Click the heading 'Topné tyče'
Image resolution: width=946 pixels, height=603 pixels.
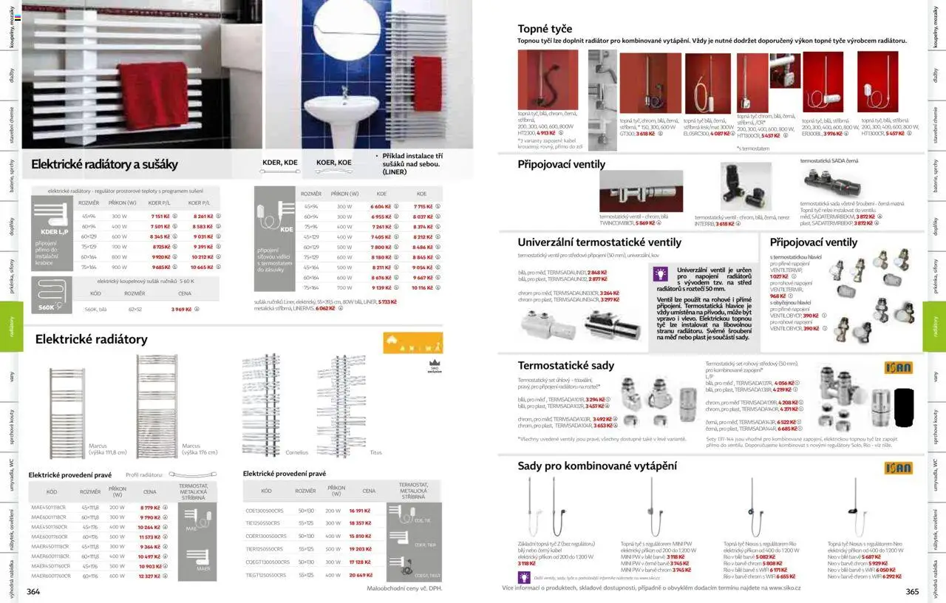[x=545, y=29]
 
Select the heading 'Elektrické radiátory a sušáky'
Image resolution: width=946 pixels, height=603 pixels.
[x=104, y=164]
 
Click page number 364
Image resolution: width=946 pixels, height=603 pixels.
[x=33, y=591]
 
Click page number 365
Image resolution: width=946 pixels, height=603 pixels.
[x=912, y=591]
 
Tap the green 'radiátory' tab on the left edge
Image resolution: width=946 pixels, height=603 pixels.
[x=12, y=326]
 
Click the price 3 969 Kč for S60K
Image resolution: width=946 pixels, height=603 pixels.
[x=181, y=310]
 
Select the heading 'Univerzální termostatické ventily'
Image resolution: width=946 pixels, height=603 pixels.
[x=599, y=242]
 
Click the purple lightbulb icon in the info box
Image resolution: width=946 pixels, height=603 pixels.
[x=660, y=274]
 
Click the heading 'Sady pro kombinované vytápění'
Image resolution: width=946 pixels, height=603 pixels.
[x=597, y=466]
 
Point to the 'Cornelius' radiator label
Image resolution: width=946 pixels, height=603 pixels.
[x=296, y=452]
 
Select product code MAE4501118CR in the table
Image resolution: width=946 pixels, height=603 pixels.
[x=49, y=508]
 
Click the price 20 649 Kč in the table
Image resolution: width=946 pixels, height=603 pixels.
[x=360, y=575]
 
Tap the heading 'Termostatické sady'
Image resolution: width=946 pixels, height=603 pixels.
[x=565, y=366]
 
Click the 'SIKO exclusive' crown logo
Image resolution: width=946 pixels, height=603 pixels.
[x=434, y=365]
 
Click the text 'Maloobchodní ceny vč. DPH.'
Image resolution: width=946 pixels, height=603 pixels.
[x=404, y=588]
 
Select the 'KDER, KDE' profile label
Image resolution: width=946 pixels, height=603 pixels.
[x=280, y=163]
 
